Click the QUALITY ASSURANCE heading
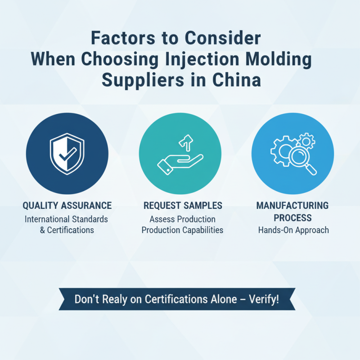coord(67,206)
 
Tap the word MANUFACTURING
coord(292,206)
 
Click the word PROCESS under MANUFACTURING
coord(292,218)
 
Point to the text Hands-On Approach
coord(293,230)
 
